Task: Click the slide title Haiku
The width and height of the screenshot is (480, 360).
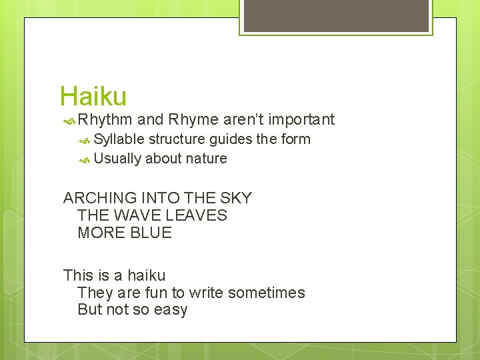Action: coord(93,97)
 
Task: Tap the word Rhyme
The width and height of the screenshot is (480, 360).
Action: coord(193,120)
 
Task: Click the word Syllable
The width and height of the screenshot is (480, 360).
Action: coord(119,139)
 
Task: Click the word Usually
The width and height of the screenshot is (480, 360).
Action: coord(117,159)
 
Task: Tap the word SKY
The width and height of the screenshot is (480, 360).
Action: coord(237,198)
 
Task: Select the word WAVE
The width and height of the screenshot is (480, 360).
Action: coord(135,215)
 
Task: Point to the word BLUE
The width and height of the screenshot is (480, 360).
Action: coord(153,233)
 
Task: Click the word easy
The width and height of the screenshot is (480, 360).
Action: coord(171,310)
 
